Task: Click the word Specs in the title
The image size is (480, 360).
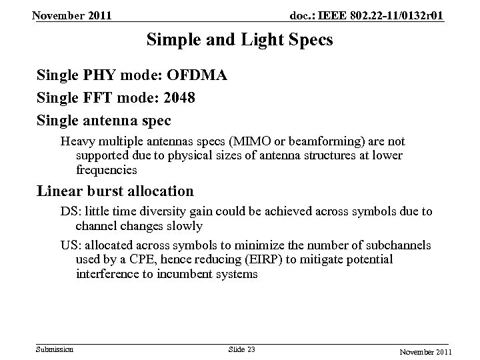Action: coord(308,40)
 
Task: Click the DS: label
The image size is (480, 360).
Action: coord(69,212)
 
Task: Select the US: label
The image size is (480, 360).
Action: coord(69,245)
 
